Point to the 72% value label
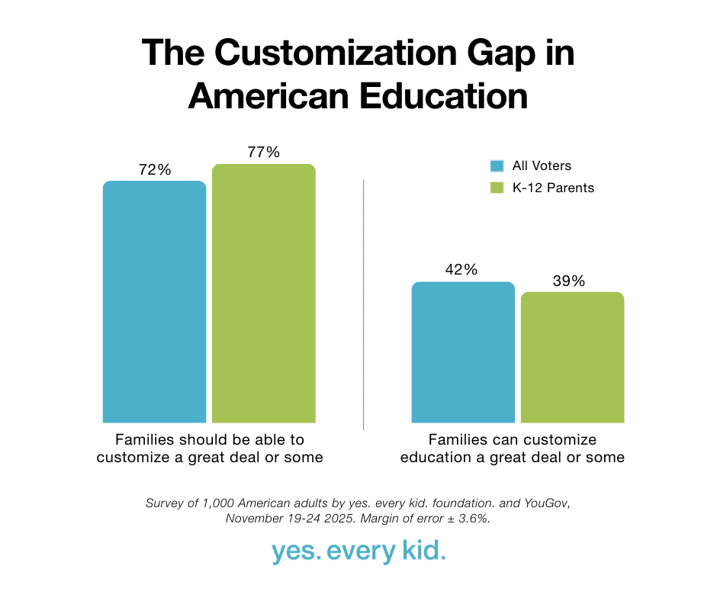[x=154, y=170]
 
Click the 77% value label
[x=263, y=153]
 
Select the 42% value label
[x=463, y=270]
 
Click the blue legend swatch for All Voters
[x=497, y=166]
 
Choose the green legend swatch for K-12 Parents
[x=497, y=187]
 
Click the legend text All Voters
[x=542, y=166]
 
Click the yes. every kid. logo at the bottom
[x=358, y=552]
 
